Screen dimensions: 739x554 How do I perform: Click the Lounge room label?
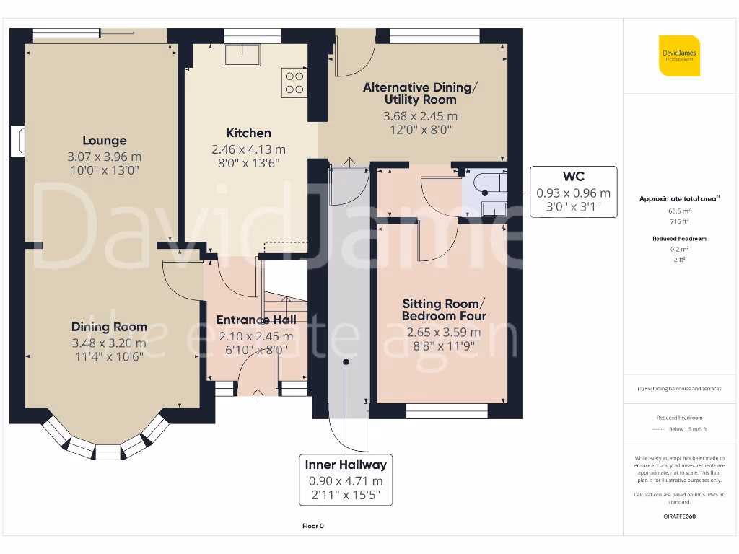[x=105, y=141]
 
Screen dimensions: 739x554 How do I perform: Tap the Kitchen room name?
[x=248, y=133]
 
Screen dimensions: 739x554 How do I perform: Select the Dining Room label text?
[x=110, y=327]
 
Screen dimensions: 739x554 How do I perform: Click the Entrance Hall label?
[x=256, y=320]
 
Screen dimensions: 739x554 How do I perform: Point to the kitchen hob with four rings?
[x=294, y=83]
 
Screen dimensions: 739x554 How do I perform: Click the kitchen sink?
[x=242, y=55]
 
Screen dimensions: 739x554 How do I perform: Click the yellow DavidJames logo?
[x=679, y=56]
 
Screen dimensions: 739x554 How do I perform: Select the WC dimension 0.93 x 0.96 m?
[x=574, y=193]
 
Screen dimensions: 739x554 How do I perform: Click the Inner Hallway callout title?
[x=346, y=465]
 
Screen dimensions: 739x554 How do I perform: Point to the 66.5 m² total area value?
[x=679, y=211]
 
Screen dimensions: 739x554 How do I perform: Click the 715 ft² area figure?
[x=679, y=221]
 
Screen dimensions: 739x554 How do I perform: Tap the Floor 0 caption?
[x=313, y=526]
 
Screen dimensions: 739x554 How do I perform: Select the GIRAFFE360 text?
[x=679, y=516]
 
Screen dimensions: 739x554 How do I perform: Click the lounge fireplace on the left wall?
[x=17, y=141]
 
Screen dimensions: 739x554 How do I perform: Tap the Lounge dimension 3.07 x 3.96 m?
[x=105, y=157]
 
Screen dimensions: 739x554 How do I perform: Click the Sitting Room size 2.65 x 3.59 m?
[x=444, y=332]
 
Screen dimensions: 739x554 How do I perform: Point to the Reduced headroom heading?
[x=679, y=239]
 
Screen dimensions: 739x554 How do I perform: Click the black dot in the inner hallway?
[x=346, y=362]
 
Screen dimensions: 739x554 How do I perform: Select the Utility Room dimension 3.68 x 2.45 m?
[x=420, y=116]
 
